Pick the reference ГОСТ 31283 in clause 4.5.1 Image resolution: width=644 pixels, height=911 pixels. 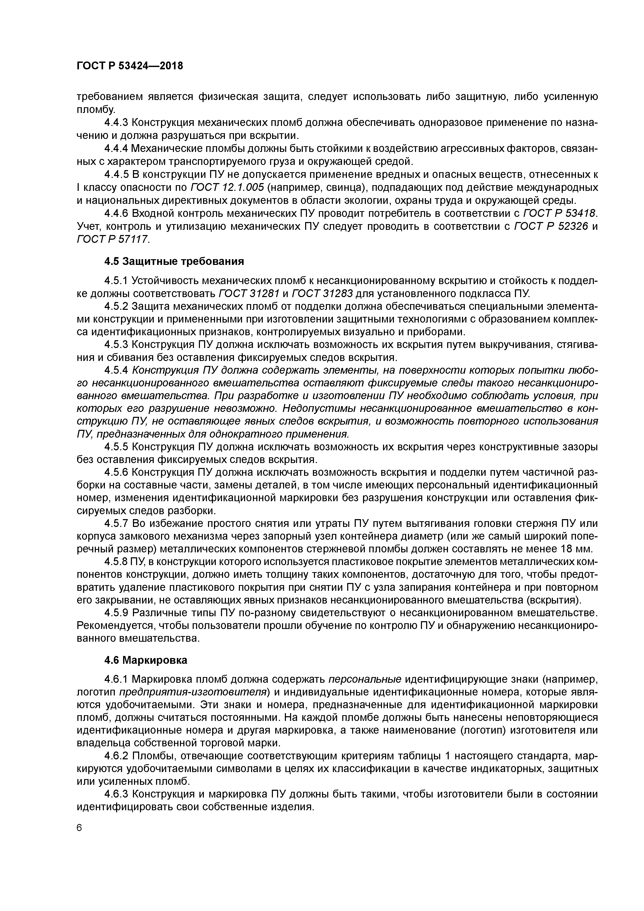[322, 294]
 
